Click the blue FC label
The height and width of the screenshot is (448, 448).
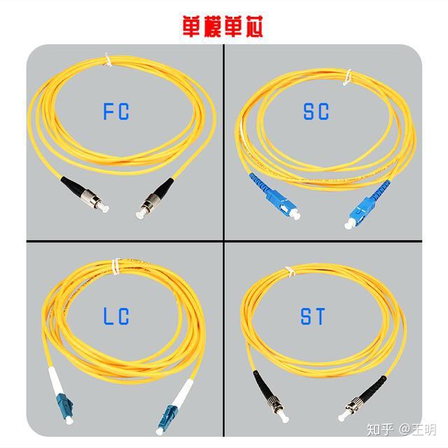[x=116, y=111]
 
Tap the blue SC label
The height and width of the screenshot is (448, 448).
[x=316, y=111]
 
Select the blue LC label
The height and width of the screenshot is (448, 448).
[x=116, y=316]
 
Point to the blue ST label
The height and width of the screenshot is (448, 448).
[x=313, y=316]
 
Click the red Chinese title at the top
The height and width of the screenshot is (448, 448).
[x=223, y=27]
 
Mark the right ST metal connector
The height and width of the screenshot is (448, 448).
[x=351, y=409]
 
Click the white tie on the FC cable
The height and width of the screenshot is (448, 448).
[x=108, y=60]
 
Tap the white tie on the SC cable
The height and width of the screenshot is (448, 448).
[x=347, y=77]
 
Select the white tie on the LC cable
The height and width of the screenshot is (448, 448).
[x=115, y=267]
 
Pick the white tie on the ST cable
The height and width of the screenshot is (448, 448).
[x=290, y=272]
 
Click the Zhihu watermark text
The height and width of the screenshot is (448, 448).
[x=401, y=429]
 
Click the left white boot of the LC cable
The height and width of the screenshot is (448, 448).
[x=55, y=380]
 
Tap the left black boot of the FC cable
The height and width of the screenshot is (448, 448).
[x=71, y=185]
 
